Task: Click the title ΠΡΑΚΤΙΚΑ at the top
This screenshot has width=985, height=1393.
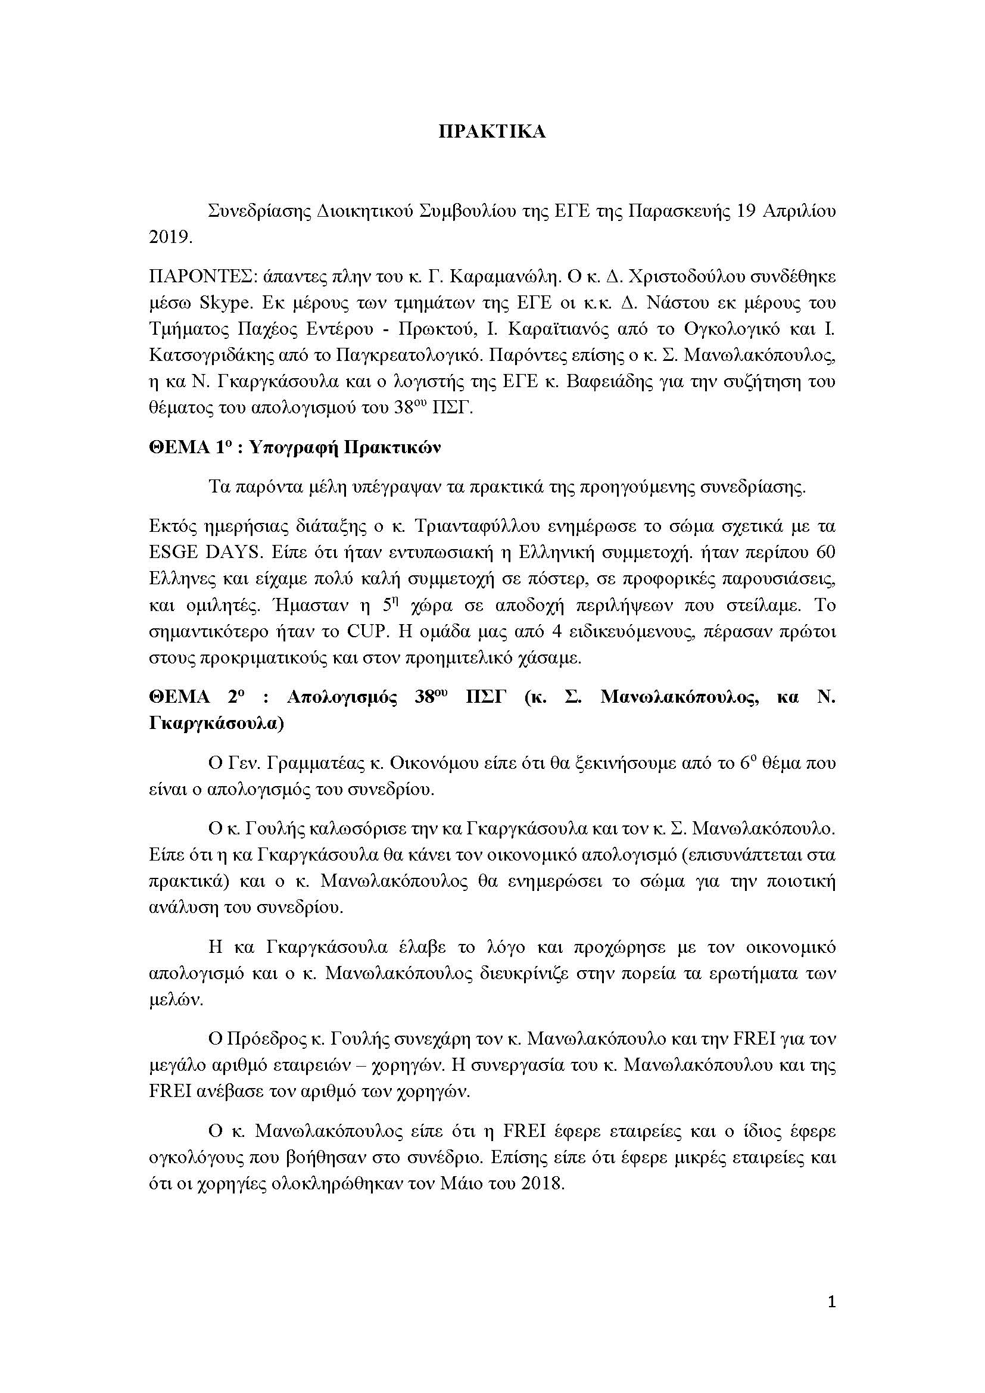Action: pyautogui.click(x=492, y=132)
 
